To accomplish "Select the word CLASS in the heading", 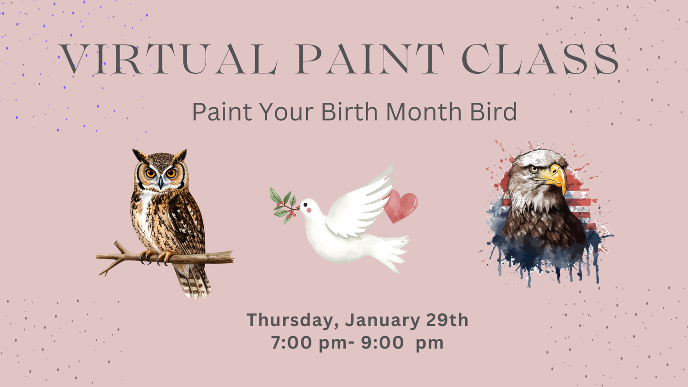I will pyautogui.click(x=540, y=59).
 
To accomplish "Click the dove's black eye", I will pyautogui.click(x=305, y=204).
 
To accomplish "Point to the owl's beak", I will pyautogui.click(x=161, y=182).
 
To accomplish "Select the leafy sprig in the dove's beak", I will pyautogui.click(x=283, y=205).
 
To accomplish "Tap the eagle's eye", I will pyautogui.click(x=535, y=168).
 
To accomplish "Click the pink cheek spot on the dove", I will pyautogui.click(x=309, y=210).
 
